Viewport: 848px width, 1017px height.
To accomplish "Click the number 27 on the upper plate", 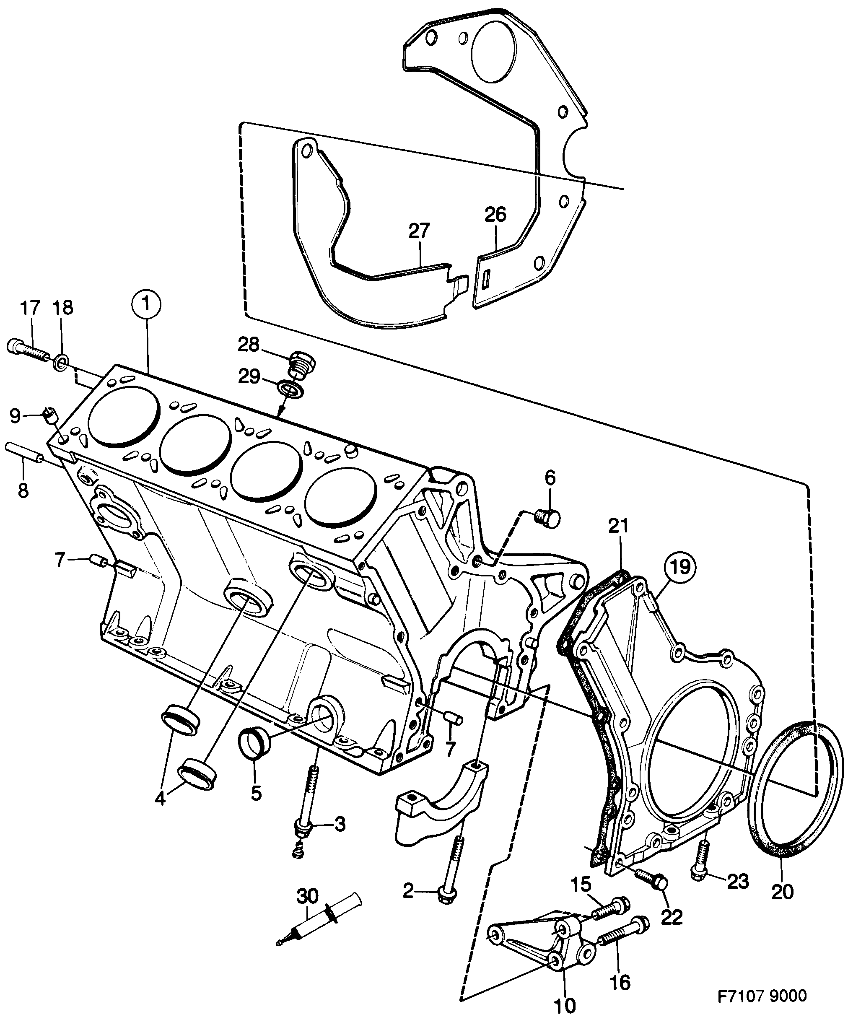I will pyautogui.click(x=419, y=231).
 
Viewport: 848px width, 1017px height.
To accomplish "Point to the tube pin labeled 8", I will pyautogui.click(x=24, y=453).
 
